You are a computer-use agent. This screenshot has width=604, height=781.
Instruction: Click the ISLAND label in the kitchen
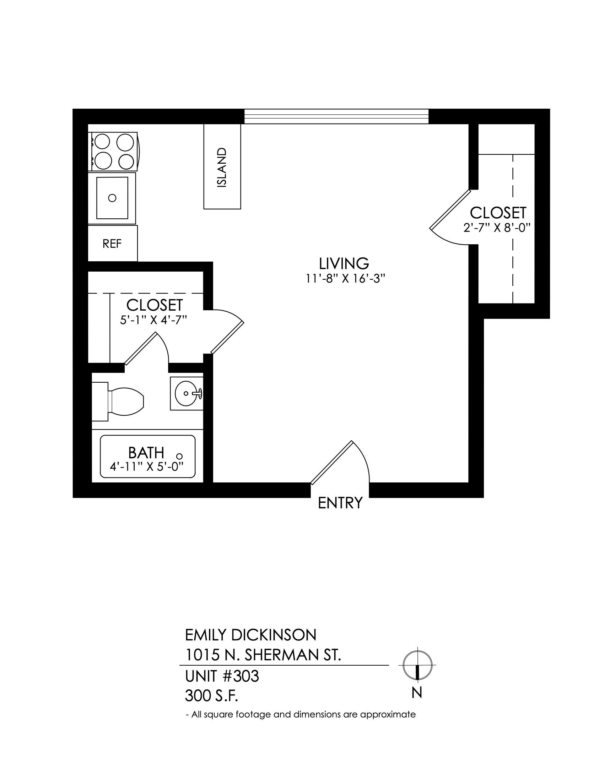coord(222,168)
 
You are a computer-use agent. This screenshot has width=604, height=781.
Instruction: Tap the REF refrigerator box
coord(113,243)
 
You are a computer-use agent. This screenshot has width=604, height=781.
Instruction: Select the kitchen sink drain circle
coord(112,197)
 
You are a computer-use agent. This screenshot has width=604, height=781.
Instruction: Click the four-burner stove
coord(113,152)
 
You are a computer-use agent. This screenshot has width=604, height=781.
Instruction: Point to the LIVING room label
coord(344,263)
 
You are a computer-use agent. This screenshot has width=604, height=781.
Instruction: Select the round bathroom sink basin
coord(186,393)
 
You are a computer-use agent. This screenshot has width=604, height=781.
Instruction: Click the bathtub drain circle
coord(180,456)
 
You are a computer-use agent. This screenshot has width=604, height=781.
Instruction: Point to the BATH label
coord(146,453)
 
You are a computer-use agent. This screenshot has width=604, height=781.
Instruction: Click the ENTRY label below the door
coord(340,503)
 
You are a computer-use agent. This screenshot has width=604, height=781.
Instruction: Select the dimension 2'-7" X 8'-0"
coord(496,228)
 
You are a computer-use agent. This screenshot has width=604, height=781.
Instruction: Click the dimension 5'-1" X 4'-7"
coord(154,320)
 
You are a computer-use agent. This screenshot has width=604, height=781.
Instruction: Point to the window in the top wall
coord(336,116)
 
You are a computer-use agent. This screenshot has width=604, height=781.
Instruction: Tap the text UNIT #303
coord(222,676)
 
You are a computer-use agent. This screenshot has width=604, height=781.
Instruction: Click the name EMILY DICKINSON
coord(251,635)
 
